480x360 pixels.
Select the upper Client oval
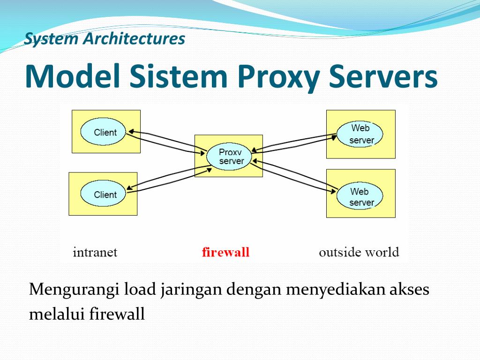(105, 132)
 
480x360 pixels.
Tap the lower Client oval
(105, 195)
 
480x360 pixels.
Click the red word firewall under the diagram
(225, 253)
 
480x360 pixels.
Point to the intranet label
(95, 253)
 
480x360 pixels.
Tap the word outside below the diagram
(340, 253)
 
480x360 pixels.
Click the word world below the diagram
(382, 253)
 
